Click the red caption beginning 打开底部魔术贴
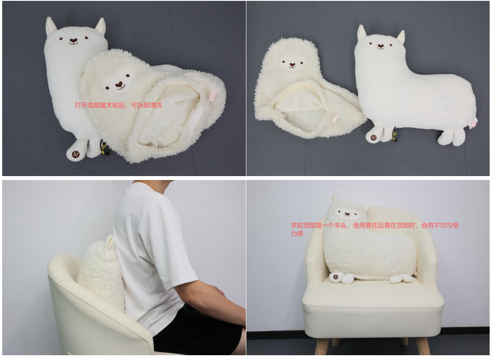click(x=119, y=105)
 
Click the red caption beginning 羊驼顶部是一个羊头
click(x=375, y=229)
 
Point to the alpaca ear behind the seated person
click(x=109, y=241)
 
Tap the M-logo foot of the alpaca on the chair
click(x=336, y=277)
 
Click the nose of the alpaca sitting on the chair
click(x=347, y=214)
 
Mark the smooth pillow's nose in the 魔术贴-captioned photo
click(x=73, y=41)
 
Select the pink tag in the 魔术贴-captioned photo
click(x=213, y=96)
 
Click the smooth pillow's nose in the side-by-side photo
click(x=381, y=47)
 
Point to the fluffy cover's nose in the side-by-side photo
click(x=293, y=65)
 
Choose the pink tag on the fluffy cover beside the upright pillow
click(x=335, y=119)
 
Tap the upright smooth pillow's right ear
click(x=401, y=37)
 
